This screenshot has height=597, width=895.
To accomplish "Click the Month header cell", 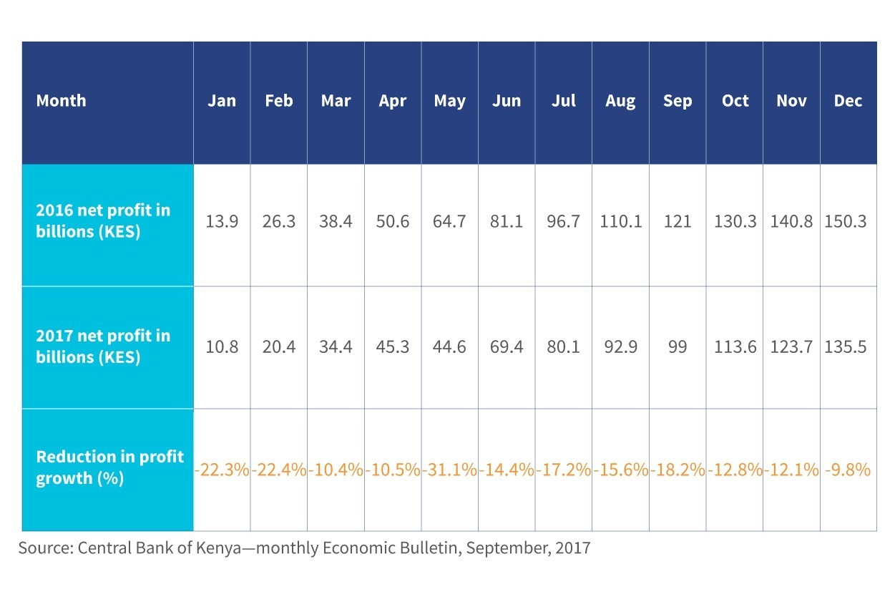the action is point(61,101).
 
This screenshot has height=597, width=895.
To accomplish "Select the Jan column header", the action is point(222,101).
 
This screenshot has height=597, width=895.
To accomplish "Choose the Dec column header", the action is point(848,101).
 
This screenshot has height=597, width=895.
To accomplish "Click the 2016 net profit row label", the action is point(103,220).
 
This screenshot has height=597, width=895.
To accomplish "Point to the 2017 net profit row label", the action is point(103,346).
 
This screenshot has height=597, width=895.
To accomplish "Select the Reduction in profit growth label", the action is point(110,467).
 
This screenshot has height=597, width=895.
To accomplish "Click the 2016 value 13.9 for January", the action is point(222,221).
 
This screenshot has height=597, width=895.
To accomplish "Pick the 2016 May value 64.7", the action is point(449,221).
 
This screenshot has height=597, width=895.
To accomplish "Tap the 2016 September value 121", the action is point(678,221).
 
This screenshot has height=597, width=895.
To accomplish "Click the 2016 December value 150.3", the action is point(846,221).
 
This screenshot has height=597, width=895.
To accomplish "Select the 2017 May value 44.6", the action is point(449,346).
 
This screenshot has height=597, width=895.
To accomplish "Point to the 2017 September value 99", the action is point(678,346).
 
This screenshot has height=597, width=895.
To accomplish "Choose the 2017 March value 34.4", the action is point(336,346).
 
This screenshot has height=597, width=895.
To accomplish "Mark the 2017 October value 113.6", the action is point(735,346).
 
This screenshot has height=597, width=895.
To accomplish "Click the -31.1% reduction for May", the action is point(449,470).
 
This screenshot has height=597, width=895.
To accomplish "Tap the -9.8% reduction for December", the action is point(848,470).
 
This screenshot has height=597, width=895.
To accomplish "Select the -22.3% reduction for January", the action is point(222,470).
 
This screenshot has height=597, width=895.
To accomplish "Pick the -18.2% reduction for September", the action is point(678,470).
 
